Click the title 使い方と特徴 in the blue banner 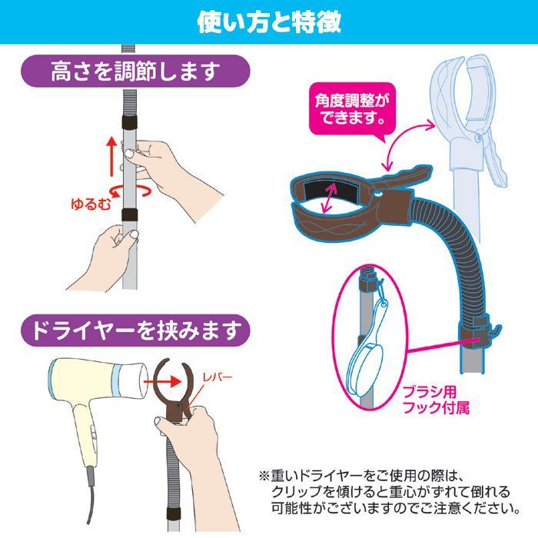[269, 22]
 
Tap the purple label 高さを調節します [135, 71]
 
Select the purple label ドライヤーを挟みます [135, 330]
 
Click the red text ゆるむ [91, 204]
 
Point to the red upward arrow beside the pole [111, 156]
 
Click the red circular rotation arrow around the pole [130, 191]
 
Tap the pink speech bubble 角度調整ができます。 [352, 110]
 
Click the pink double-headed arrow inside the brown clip [329, 198]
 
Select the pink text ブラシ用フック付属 [436, 400]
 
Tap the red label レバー [218, 377]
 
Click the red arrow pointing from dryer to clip [162, 381]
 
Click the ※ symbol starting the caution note [264, 476]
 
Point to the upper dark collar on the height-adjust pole [130, 121]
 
